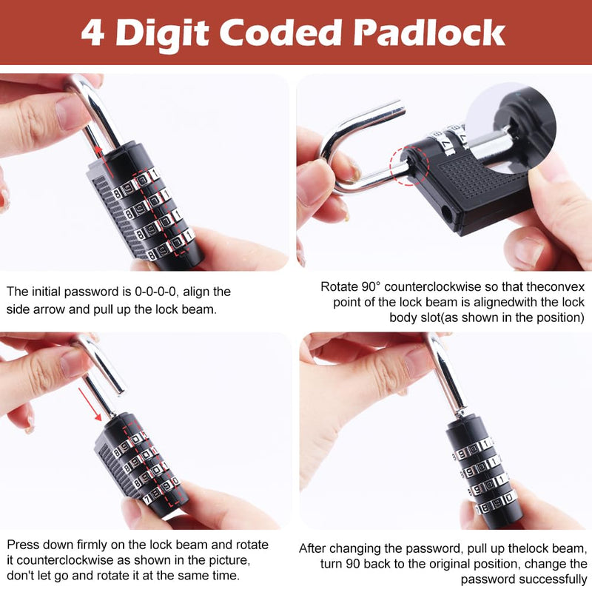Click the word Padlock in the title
(429, 33)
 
